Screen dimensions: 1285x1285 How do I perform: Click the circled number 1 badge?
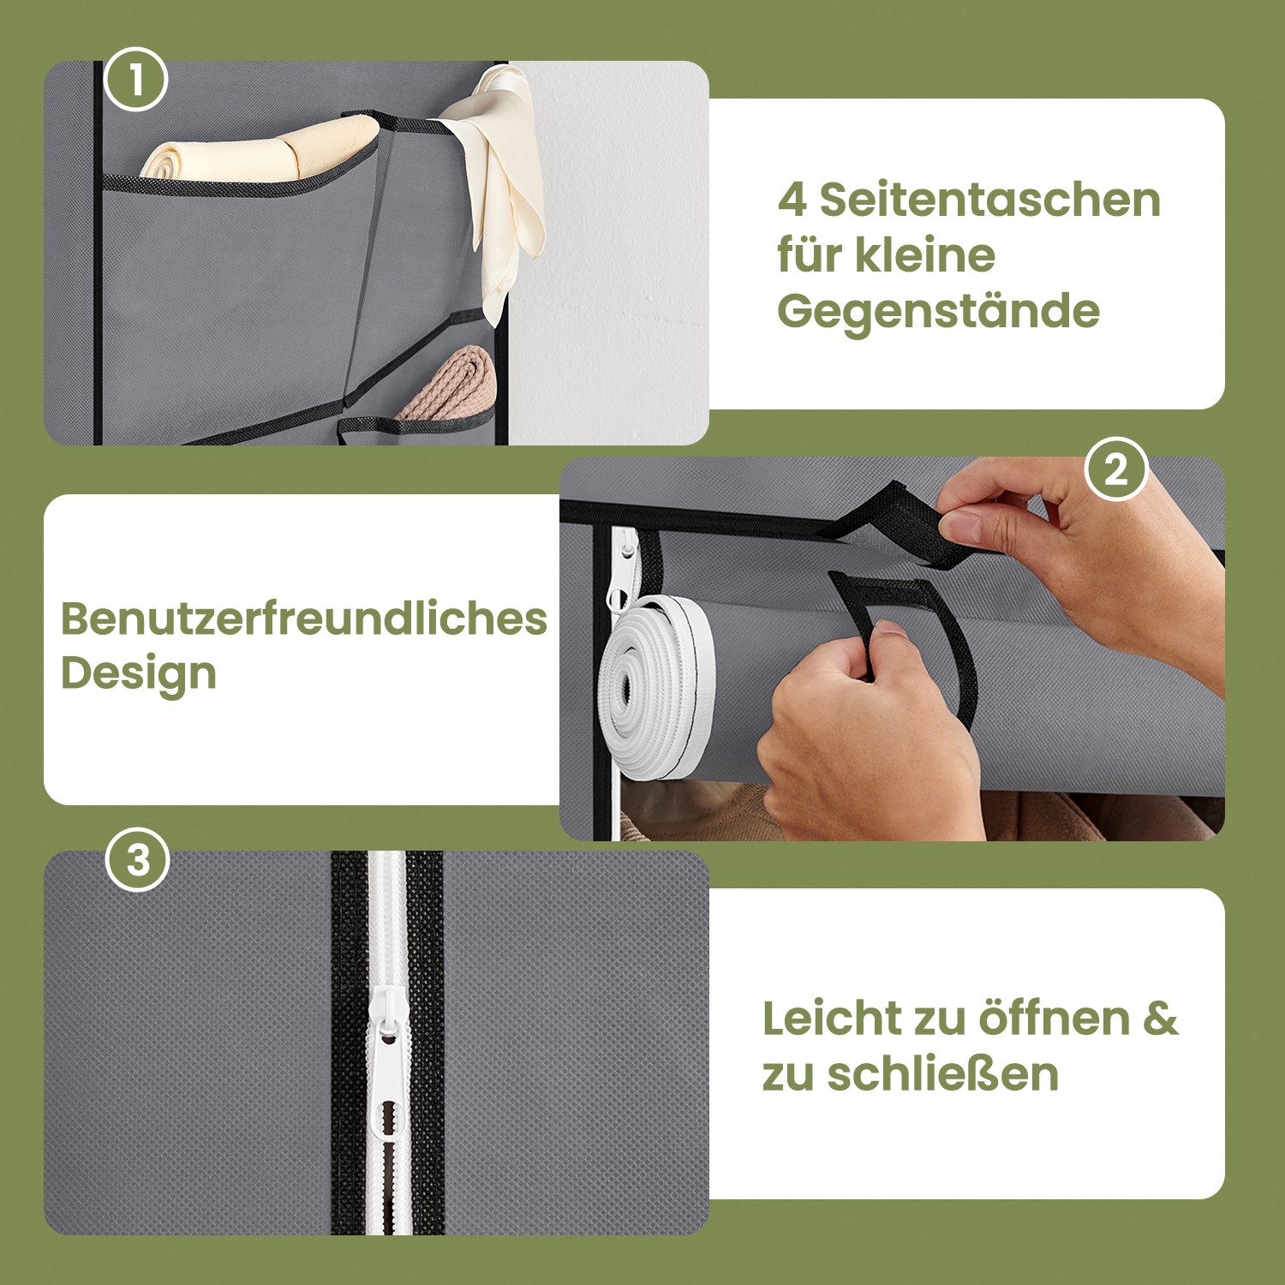[x=135, y=79]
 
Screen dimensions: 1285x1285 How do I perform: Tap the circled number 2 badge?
[x=1115, y=469]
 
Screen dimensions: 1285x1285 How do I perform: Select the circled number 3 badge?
[x=138, y=859]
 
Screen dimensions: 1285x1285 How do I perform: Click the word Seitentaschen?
[x=989, y=200]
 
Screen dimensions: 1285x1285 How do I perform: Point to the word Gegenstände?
[x=938, y=312]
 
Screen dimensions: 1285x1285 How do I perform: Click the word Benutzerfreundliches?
[x=303, y=619]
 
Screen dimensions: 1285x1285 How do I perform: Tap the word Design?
[x=138, y=674]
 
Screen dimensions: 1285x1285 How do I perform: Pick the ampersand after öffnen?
[x=1161, y=1019]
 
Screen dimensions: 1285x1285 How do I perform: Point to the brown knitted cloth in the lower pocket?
[x=450, y=384]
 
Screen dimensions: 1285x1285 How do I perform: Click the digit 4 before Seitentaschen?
[x=792, y=200]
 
